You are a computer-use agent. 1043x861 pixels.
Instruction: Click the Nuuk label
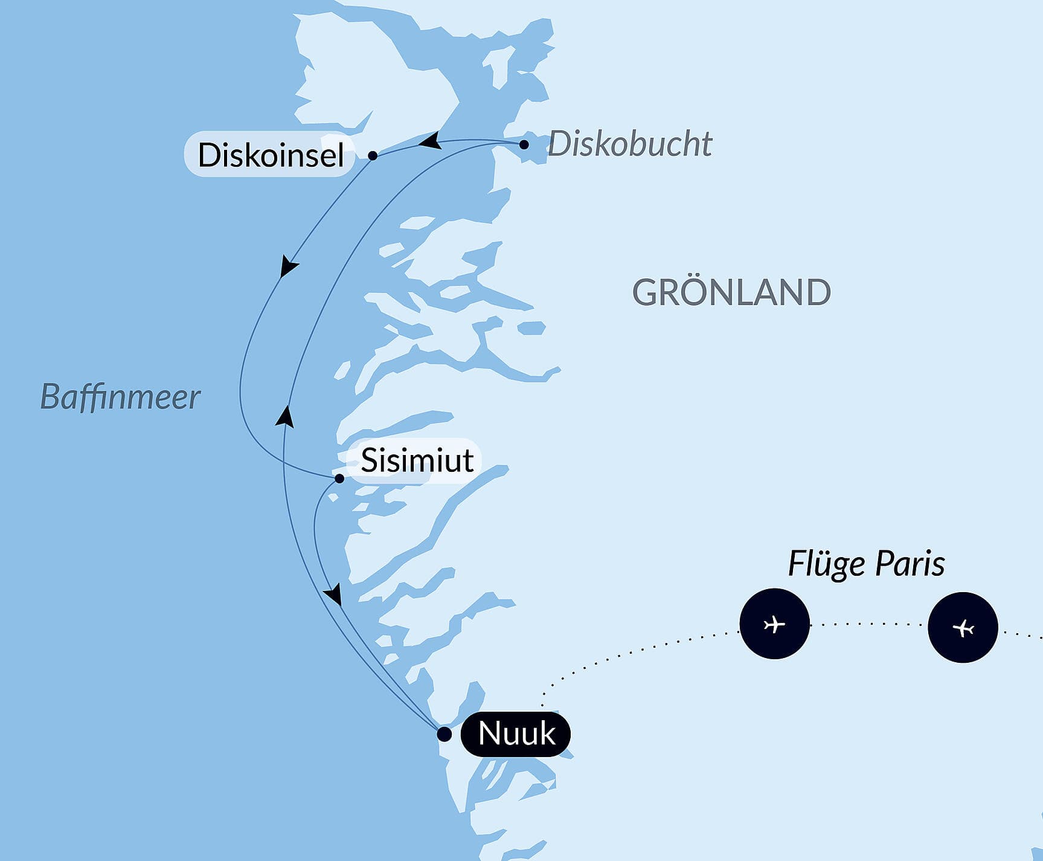point(516,734)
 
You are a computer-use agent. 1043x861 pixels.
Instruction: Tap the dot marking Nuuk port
point(444,734)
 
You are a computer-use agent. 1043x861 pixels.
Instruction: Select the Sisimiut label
point(417,460)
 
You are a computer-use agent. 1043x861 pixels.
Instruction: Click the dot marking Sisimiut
point(339,479)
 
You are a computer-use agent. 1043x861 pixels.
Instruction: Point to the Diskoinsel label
point(271,155)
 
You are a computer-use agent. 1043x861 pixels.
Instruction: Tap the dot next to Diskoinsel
point(373,155)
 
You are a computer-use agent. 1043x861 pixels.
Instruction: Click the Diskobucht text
point(630,144)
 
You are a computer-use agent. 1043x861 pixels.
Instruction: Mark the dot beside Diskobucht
point(524,144)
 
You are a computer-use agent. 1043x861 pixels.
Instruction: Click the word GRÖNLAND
point(731,292)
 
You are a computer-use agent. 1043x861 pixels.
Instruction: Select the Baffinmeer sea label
point(120,397)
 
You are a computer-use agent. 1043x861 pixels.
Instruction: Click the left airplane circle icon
point(774,624)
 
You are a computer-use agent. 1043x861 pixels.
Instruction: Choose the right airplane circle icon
point(963,628)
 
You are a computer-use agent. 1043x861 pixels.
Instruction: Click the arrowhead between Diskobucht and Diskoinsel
point(430,141)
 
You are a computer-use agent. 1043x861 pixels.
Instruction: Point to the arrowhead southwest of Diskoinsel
point(288,266)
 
